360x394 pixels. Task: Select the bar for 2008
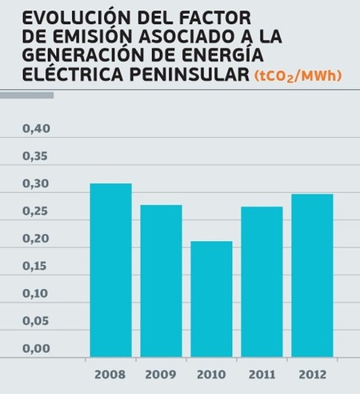point(110,270)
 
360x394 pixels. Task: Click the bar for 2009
point(161,280)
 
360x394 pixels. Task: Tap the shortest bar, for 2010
point(211,299)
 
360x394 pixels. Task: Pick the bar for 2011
point(262,281)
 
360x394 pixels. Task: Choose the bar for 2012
point(312,275)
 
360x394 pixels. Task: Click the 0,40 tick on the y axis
point(35,129)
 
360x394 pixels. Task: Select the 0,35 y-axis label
point(35,156)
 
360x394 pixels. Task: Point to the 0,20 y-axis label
point(35,239)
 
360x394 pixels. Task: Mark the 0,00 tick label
point(35,348)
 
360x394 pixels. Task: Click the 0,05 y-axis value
point(35,321)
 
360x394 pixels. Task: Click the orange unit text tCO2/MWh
point(298,76)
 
